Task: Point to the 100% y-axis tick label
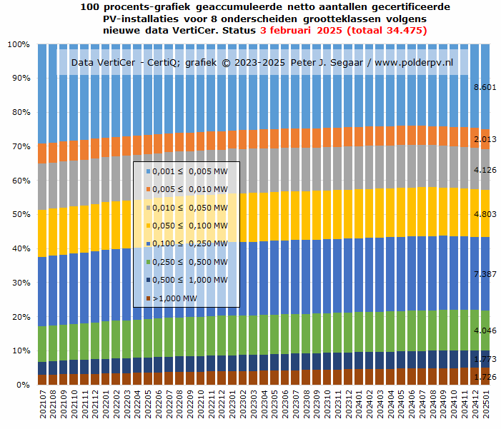tap(18, 44)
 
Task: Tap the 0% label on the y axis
tap(23, 385)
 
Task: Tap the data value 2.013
tap(485, 140)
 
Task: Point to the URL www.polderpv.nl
tap(414, 63)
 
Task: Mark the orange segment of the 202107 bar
tap(43, 153)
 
